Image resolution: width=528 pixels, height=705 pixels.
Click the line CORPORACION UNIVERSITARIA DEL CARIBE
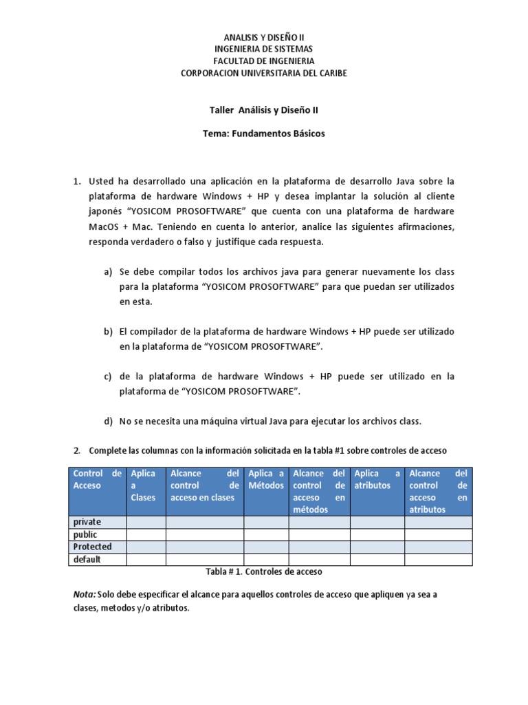pos(263,73)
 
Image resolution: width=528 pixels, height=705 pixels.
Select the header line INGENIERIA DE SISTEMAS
pos(263,49)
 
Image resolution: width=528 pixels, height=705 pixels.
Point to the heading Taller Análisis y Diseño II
pos(263,109)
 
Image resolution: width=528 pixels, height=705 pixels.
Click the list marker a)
pos(108,272)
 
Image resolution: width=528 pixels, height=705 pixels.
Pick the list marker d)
pos(108,421)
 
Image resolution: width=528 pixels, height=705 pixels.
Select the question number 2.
pos(77,450)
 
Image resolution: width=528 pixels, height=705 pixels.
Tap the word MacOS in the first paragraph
pos(104,227)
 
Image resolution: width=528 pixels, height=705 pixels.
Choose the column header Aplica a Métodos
pos(266,479)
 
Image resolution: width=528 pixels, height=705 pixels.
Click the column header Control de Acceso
pos(97,479)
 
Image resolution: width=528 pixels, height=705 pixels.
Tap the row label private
pos(87,522)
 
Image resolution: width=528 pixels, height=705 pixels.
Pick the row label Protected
pos(93,547)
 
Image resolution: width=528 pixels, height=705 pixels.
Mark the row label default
pos(87,559)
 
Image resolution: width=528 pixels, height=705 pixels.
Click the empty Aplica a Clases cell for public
pos(146,534)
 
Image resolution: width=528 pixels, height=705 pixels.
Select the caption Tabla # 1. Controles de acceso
pos(264,572)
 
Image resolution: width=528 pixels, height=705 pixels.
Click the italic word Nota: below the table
pos(85,594)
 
